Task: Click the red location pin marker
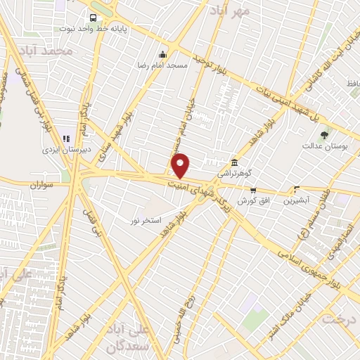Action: (x=181, y=165)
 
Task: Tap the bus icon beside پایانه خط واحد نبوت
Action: (x=93, y=18)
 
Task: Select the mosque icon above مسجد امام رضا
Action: (x=163, y=55)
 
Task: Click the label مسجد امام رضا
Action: (x=162, y=65)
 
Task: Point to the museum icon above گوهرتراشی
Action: (x=235, y=162)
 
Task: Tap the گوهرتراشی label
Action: (x=234, y=173)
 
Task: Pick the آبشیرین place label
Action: (x=296, y=200)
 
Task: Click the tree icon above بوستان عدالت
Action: (x=323, y=135)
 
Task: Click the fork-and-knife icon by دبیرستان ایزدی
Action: (x=66, y=139)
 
